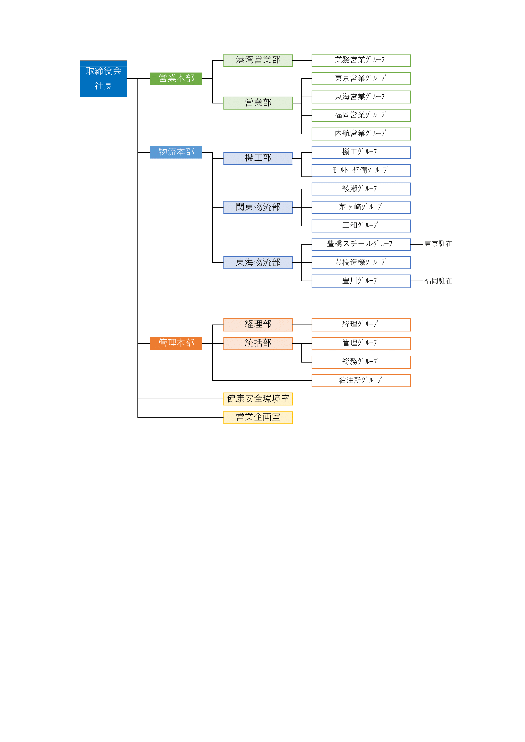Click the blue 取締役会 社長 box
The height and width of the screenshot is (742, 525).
tap(103, 79)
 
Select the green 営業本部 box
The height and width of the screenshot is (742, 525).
tap(176, 79)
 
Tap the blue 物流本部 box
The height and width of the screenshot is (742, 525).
tap(176, 152)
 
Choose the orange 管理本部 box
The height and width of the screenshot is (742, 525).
tap(176, 343)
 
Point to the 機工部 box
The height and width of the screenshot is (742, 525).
tap(258, 158)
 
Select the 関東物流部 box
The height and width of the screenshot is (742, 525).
tap(258, 207)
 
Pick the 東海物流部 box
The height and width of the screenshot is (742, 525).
tap(258, 263)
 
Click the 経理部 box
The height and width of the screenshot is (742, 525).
tap(258, 325)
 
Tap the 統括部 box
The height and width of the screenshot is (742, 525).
tap(258, 344)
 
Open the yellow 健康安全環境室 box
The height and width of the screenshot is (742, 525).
tap(258, 399)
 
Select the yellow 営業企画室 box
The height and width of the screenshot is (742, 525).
tap(258, 417)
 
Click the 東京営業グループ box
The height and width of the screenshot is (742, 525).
tap(361, 79)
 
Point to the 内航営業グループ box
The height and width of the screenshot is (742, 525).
tap(361, 134)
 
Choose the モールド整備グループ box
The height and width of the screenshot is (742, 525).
tap(361, 171)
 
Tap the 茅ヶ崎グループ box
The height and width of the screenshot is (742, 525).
tap(361, 207)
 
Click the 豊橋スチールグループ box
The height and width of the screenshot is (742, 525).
tap(361, 244)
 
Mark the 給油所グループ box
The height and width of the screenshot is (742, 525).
tap(361, 381)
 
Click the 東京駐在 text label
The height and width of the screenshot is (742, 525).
tap(438, 244)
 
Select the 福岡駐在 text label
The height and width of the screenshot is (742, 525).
tap(438, 281)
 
